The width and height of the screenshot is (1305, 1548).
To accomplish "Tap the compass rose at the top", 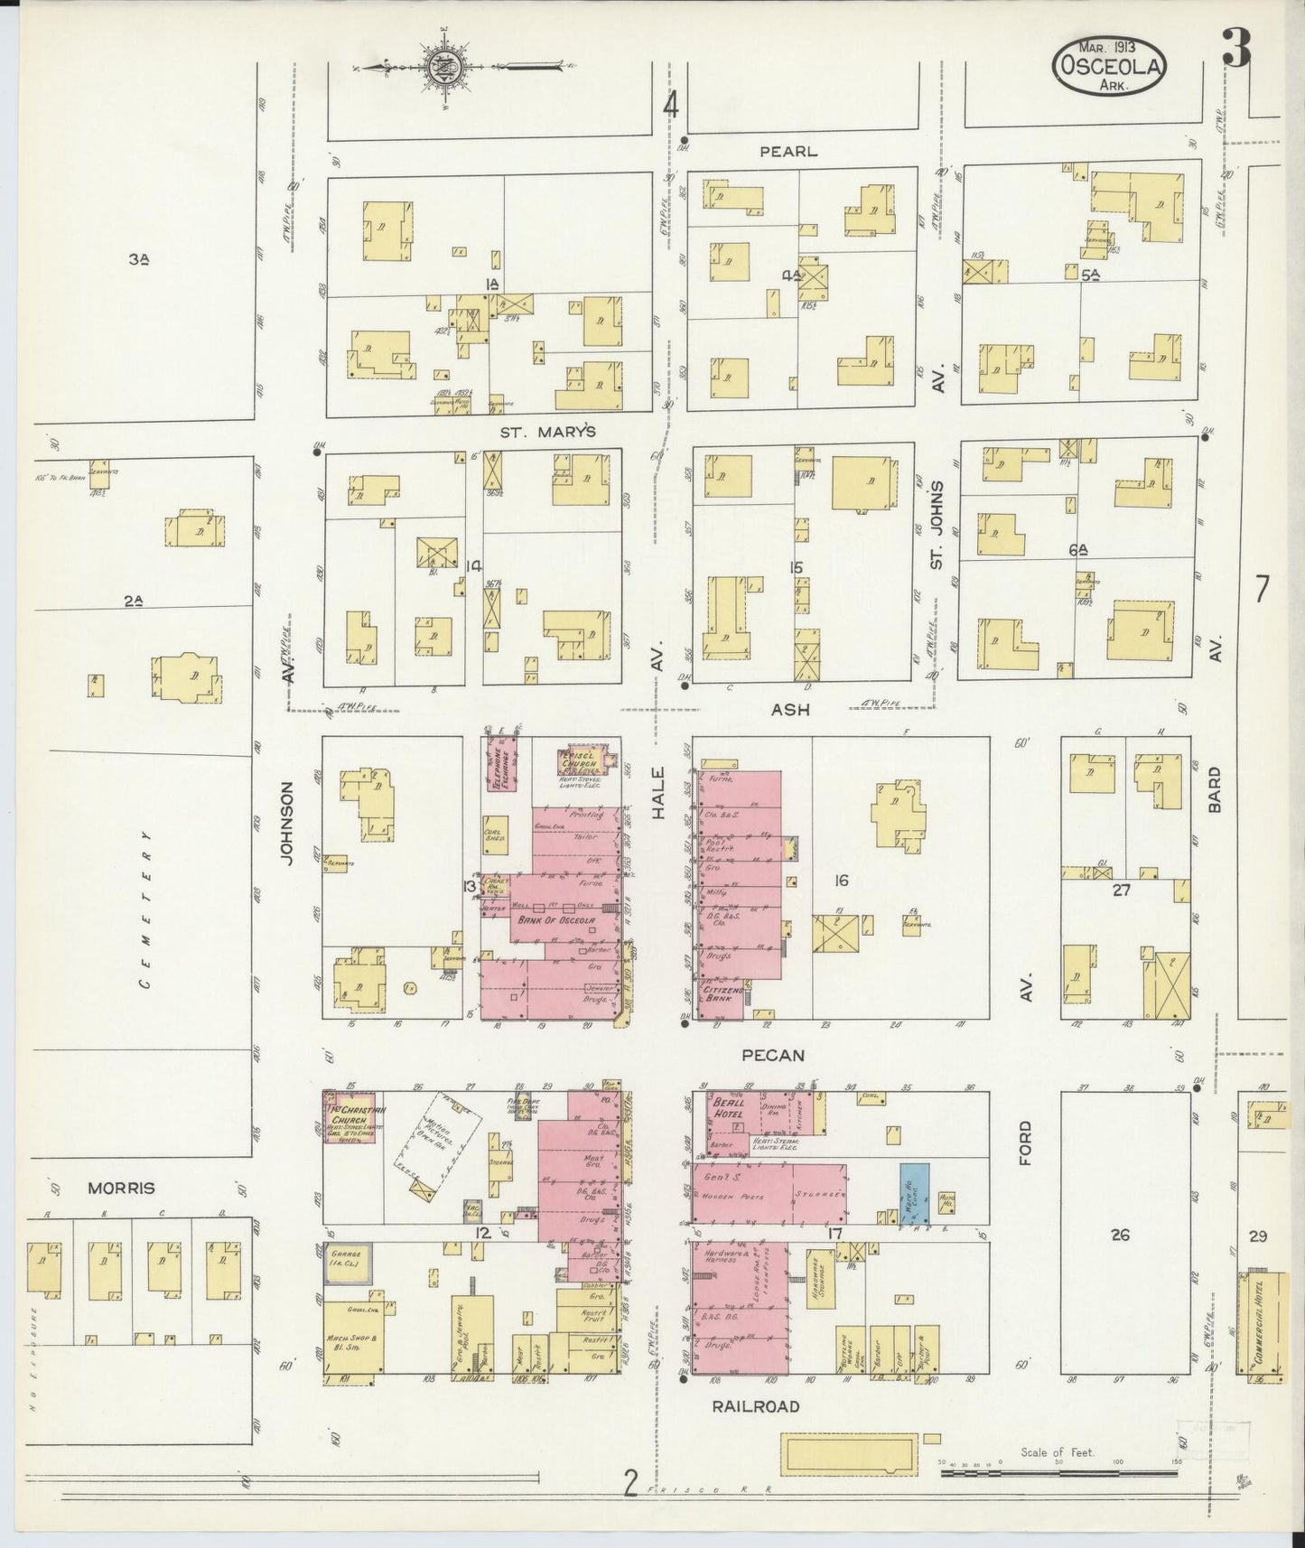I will [445, 68].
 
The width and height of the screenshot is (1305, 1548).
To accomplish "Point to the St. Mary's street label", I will [549, 432].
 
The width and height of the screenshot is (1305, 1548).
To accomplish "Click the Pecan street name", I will [774, 1055].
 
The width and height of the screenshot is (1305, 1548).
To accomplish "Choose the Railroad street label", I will [755, 1406].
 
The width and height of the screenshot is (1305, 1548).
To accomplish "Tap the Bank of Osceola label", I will [555, 920].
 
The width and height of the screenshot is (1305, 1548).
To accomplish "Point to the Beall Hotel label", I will [728, 1108].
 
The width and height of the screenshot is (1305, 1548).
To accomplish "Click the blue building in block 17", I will [911, 1192].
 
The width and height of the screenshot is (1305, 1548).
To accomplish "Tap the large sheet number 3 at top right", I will [1236, 50].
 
